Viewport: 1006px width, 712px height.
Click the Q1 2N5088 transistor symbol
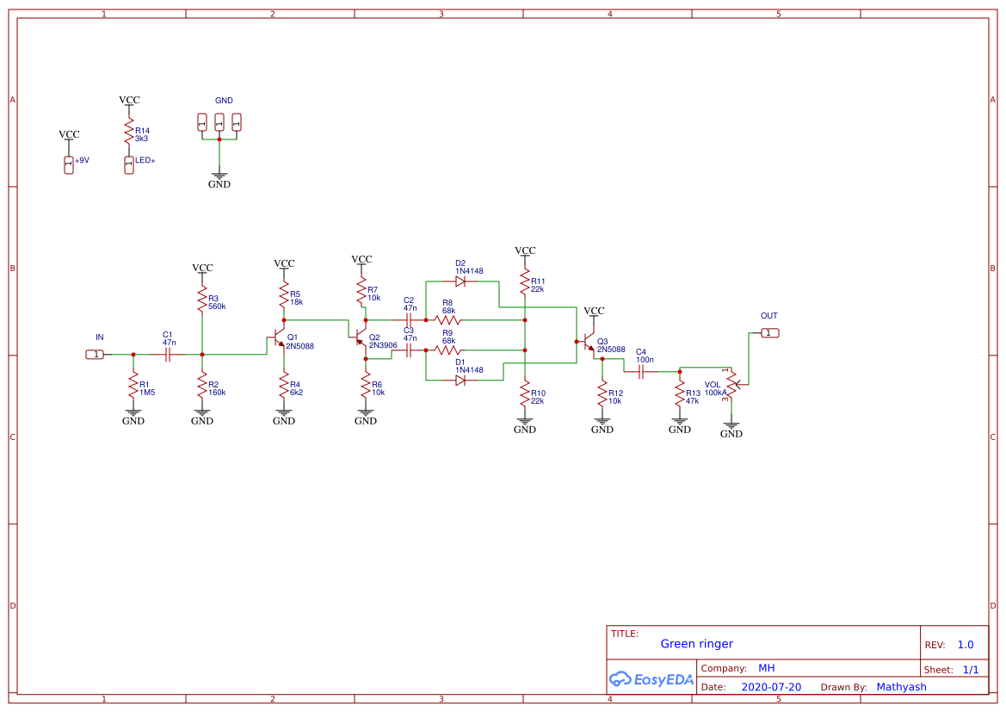(277, 337)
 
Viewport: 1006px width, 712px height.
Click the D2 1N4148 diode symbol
(460, 282)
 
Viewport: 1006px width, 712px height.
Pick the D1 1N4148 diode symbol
(460, 381)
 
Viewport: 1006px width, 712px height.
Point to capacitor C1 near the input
(168, 354)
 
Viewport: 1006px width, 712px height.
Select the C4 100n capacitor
(641, 371)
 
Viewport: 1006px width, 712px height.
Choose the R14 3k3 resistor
(129, 134)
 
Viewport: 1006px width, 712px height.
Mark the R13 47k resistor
(680, 397)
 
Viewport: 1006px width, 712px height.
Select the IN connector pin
(96, 354)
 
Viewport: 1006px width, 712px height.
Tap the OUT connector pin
(769, 332)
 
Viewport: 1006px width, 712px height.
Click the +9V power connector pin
(69, 164)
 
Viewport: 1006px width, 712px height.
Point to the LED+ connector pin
(129, 164)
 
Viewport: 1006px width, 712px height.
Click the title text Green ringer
(696, 644)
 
